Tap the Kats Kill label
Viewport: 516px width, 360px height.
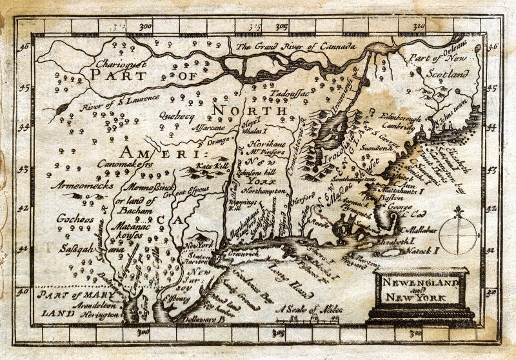198,166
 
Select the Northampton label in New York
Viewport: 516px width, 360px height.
265,192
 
